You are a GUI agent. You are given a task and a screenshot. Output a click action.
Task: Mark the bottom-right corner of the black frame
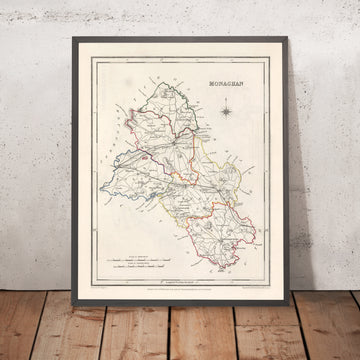(288, 303)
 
